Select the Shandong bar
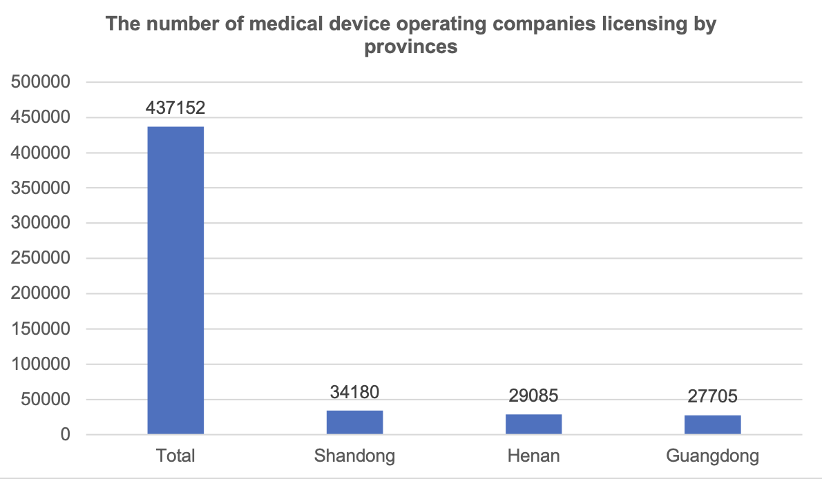tap(354, 422)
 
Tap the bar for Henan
tap(533, 424)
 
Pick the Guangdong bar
tap(712, 424)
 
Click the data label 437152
tap(175, 108)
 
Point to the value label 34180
tap(354, 393)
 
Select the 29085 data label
tap(533, 396)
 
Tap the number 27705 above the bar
tap(712, 397)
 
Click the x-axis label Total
tap(176, 456)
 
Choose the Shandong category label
tap(354, 456)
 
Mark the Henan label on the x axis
tap(533, 456)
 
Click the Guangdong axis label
tap(712, 456)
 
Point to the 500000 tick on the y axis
tap(42, 83)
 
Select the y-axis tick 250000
tap(42, 259)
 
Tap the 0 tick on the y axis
tap(65, 435)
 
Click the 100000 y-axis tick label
tap(42, 364)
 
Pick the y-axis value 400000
tap(42, 153)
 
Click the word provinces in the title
tap(411, 47)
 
